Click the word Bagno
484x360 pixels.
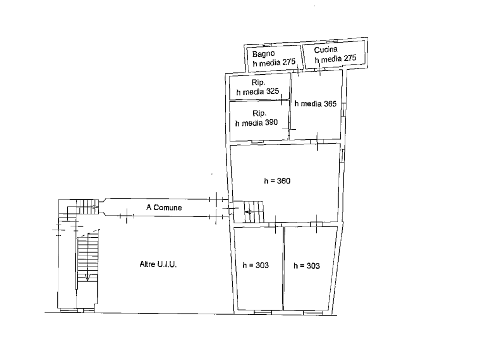[x=263, y=54]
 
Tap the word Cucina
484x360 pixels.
[x=326, y=50]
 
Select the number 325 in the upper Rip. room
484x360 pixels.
[x=272, y=91]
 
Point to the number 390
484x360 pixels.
[x=271, y=122]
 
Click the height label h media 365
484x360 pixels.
[x=316, y=104]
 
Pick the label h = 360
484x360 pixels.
[x=277, y=181]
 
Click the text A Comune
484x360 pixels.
[x=164, y=207]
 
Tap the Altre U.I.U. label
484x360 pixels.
[x=158, y=264]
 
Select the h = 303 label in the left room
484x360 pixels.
[x=256, y=265]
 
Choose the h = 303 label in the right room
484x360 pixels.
[x=307, y=266]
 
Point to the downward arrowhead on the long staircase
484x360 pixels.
[x=88, y=278]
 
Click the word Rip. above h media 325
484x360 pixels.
[x=259, y=82]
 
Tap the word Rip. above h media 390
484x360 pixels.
[x=259, y=113]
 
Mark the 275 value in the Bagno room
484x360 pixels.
[x=289, y=62]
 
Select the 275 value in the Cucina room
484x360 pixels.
[x=350, y=58]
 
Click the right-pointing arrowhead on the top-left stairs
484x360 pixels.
[x=96, y=207]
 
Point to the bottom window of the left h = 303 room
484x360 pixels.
[x=263, y=312]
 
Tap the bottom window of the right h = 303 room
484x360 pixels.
[x=313, y=313]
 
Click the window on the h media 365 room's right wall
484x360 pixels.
[x=344, y=110]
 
